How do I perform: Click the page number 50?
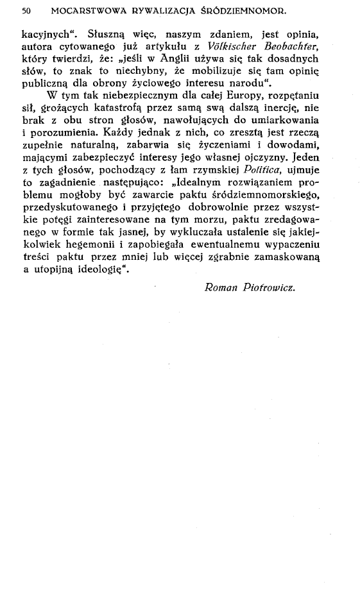[x=26, y=11]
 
